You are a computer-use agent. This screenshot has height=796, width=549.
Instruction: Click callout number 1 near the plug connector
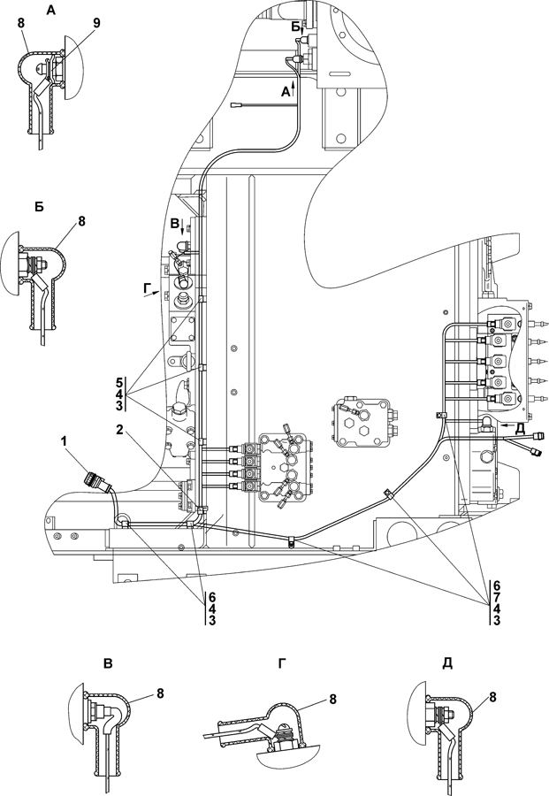(x=64, y=442)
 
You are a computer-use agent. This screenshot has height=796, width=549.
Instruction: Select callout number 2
(x=119, y=430)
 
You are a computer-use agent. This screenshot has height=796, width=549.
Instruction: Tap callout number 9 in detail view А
(x=96, y=23)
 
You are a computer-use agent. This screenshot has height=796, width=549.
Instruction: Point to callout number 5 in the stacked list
(x=118, y=382)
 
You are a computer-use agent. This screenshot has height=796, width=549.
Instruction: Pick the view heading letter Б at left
(x=40, y=207)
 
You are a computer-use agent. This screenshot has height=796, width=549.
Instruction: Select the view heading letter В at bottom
(x=108, y=663)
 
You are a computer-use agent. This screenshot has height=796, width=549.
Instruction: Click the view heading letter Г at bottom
(x=282, y=663)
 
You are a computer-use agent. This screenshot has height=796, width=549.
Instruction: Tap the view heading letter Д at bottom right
(x=447, y=663)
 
